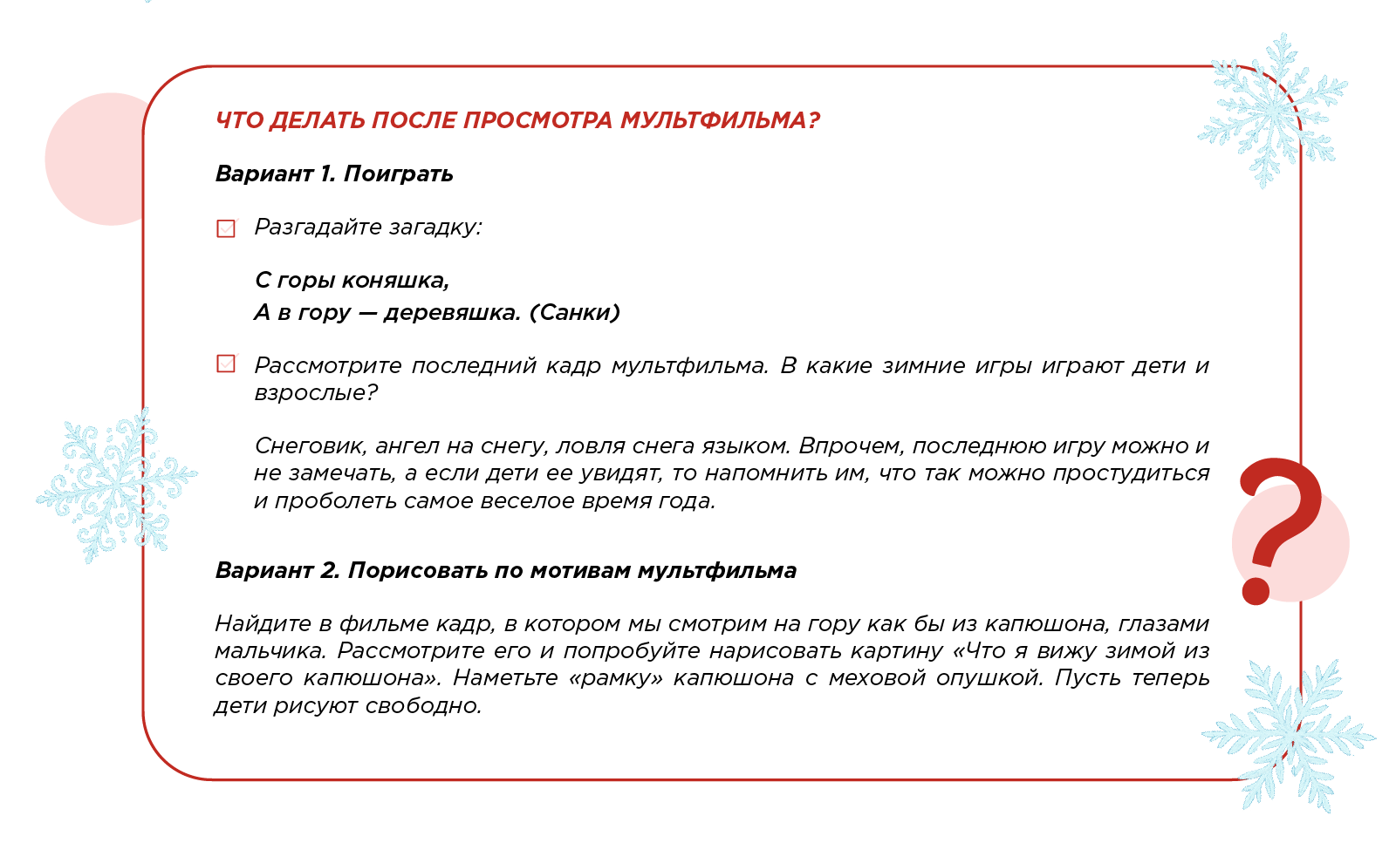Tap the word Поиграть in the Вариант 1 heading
[x=399, y=173]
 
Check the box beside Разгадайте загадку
[x=226, y=228]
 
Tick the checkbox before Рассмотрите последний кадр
[x=226, y=364]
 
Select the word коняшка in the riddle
[x=395, y=281]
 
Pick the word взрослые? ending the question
[x=316, y=392]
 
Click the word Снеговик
[x=310, y=445]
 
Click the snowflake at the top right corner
[x=1274, y=109]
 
